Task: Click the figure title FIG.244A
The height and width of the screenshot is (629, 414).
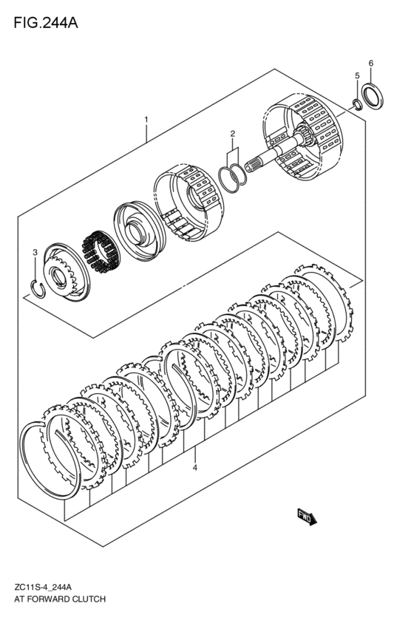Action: (46, 23)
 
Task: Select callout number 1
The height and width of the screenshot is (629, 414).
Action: (146, 119)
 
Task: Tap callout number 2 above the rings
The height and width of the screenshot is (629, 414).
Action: (232, 134)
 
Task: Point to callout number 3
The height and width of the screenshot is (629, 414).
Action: (35, 252)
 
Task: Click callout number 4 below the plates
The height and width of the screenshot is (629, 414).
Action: (194, 468)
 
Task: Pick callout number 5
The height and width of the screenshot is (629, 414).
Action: (357, 76)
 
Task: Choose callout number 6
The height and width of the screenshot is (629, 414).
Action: (370, 63)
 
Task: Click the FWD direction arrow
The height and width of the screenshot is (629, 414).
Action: (307, 517)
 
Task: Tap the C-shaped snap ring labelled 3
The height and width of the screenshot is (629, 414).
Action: (38, 289)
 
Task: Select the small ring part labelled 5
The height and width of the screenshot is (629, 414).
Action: (356, 104)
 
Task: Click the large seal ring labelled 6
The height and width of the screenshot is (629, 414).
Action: (373, 96)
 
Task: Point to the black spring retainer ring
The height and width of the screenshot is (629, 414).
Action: (101, 251)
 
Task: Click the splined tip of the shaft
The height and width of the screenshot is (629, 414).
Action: (251, 165)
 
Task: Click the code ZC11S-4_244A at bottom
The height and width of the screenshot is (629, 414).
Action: (43, 588)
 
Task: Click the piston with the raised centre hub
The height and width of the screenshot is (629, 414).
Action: (139, 231)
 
